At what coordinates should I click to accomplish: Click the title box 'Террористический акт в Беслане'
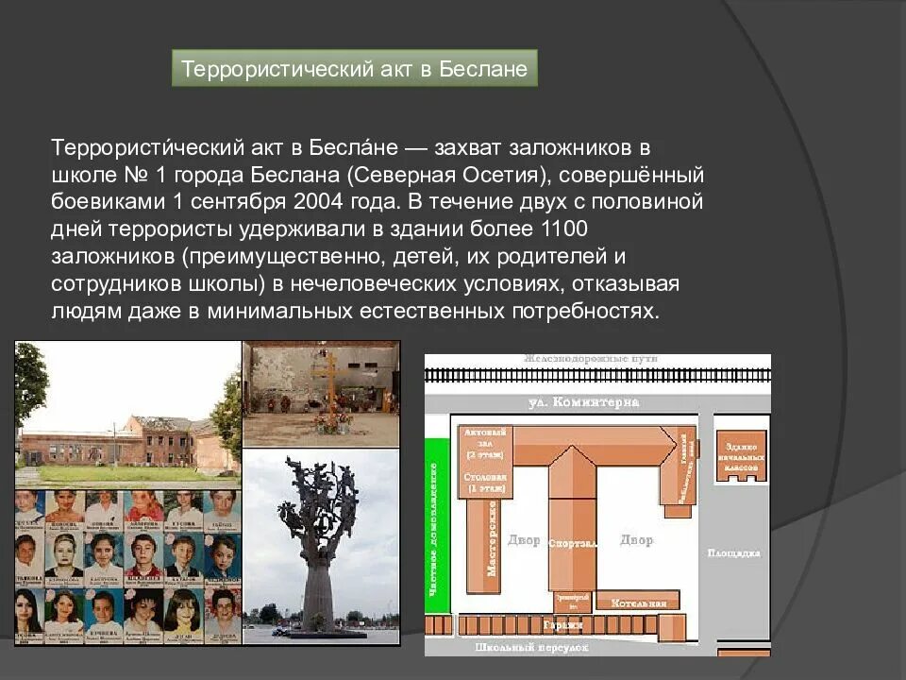point(354,69)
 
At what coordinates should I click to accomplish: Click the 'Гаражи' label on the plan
point(564,625)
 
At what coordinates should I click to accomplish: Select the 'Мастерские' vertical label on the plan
point(492,538)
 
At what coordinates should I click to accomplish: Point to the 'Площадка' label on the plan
point(733,552)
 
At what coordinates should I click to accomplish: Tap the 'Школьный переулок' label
point(531,648)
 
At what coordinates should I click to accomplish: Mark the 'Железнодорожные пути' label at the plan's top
point(592,359)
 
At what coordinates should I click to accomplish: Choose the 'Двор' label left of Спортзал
point(524,540)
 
